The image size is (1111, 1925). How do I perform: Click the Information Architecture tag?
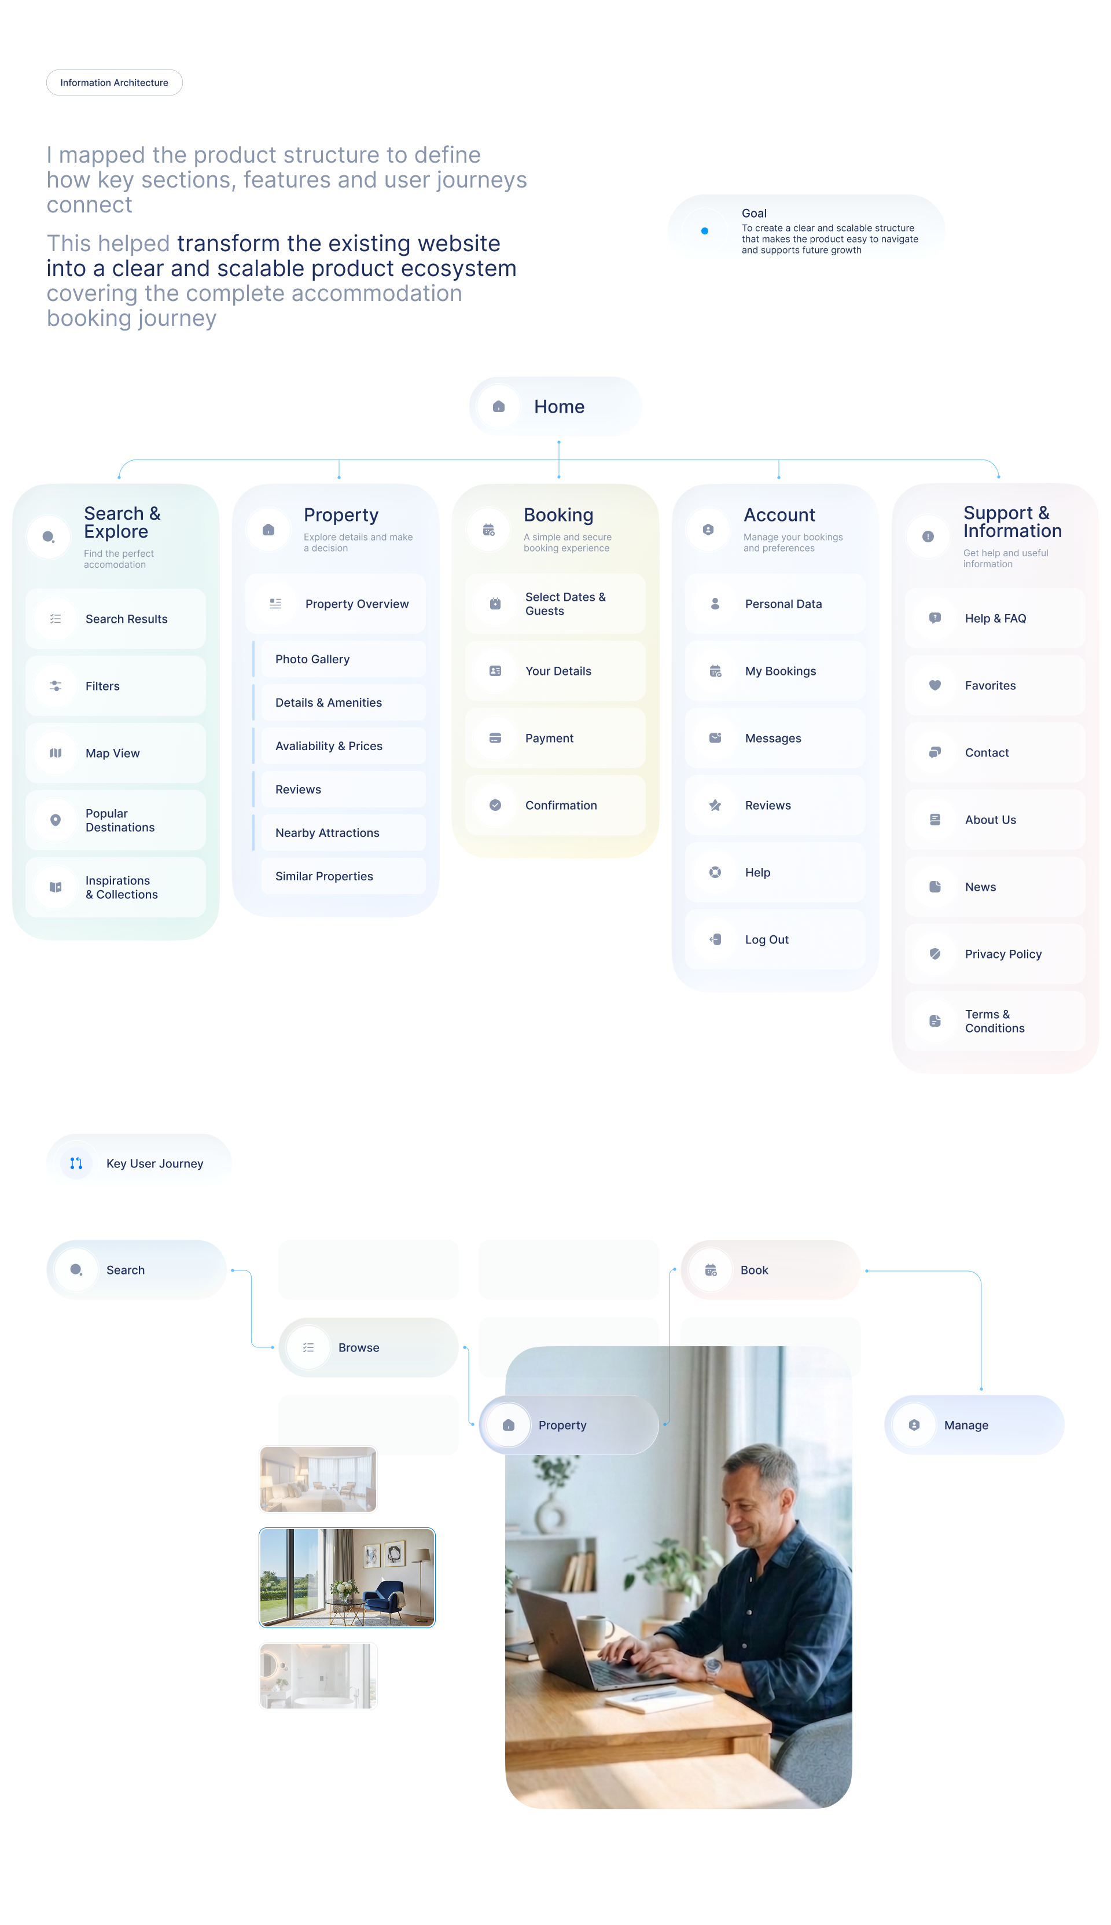click(x=115, y=82)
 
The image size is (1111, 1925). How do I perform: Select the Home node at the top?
click(x=555, y=407)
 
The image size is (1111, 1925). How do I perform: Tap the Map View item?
click(x=116, y=753)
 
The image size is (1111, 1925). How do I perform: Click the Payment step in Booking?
click(x=555, y=738)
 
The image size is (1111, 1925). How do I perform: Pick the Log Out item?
click(x=775, y=939)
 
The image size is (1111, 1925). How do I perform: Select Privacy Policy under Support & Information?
click(x=995, y=954)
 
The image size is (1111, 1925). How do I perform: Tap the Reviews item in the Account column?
click(x=775, y=805)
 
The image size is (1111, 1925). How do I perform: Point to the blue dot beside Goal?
click(x=704, y=230)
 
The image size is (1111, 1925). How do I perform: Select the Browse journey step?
click(x=369, y=1347)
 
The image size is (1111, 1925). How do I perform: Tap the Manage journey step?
click(x=974, y=1426)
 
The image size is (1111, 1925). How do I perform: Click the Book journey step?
click(x=771, y=1270)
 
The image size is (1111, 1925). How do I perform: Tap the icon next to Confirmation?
click(x=495, y=805)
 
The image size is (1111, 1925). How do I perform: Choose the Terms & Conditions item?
click(x=995, y=1021)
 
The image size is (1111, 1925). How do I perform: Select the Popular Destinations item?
click(x=116, y=820)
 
